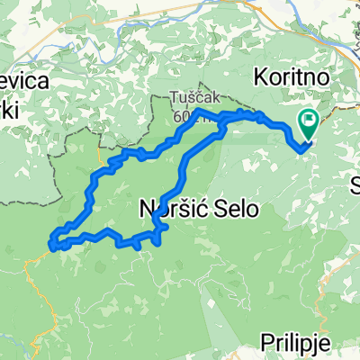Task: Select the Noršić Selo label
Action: (198, 209)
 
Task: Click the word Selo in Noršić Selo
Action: (235, 209)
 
